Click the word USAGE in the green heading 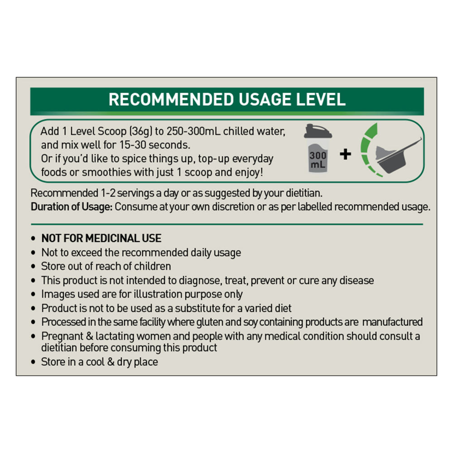click(265, 99)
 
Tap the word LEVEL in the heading click(321, 99)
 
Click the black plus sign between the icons click(345, 154)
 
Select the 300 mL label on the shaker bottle click(318, 160)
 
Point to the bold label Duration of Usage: click(72, 207)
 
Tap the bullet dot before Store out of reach click(34, 266)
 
